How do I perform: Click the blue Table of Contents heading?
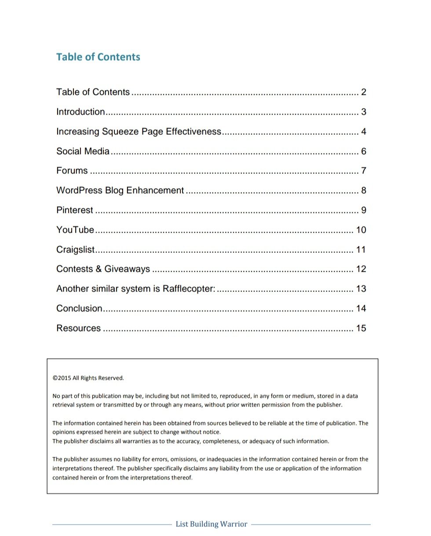(98, 57)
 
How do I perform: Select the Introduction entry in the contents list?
(80, 112)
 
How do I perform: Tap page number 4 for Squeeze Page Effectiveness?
(364, 132)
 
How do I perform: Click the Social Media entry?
(83, 151)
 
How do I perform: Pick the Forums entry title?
(72, 171)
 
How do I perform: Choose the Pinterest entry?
(75, 210)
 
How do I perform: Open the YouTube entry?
(75, 230)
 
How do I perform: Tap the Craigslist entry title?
(76, 250)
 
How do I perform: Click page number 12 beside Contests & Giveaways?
(361, 269)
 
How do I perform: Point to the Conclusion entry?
(79, 309)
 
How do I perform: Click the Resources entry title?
(78, 328)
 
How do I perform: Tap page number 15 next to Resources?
(361, 328)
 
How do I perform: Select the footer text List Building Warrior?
(211, 524)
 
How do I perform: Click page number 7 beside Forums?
(364, 171)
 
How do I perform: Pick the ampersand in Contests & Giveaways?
(98, 269)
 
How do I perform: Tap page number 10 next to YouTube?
(361, 230)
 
